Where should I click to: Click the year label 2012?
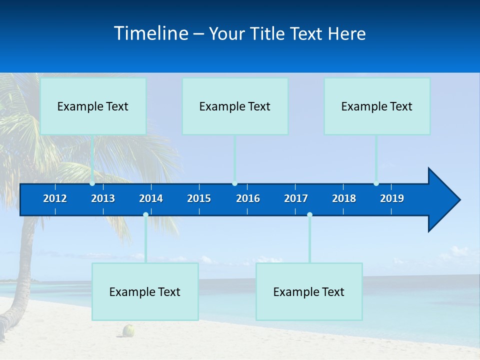pyautogui.click(x=55, y=198)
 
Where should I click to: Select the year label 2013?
pyautogui.click(x=103, y=198)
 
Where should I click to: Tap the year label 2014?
pyautogui.click(x=151, y=198)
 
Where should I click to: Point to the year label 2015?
pyautogui.click(x=199, y=198)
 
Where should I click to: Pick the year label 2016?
pyautogui.click(x=248, y=198)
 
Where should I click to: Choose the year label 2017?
pyautogui.click(x=296, y=198)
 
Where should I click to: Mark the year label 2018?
pyautogui.click(x=344, y=198)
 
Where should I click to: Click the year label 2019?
pyautogui.click(x=392, y=198)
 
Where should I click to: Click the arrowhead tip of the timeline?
pyautogui.click(x=459, y=200)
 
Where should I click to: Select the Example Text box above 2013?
pyautogui.click(x=93, y=106)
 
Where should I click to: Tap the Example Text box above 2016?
pyautogui.click(x=235, y=106)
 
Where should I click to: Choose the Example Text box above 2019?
pyautogui.click(x=377, y=106)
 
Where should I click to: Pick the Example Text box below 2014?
pyautogui.click(x=145, y=291)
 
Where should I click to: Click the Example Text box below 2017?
pyautogui.click(x=309, y=291)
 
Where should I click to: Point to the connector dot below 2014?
pyautogui.click(x=145, y=214)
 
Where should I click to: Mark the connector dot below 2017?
pyautogui.click(x=309, y=214)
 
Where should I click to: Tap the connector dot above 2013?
pyautogui.click(x=92, y=183)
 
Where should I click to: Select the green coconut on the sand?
pyautogui.click(x=129, y=330)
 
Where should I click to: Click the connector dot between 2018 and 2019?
pyautogui.click(x=376, y=183)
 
